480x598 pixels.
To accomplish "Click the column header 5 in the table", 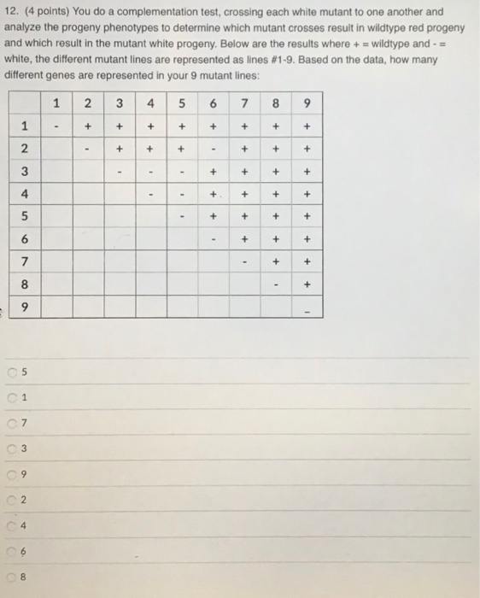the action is (x=182, y=106).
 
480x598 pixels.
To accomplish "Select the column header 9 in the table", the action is (x=307, y=106).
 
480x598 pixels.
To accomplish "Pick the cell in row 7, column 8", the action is (x=275, y=259).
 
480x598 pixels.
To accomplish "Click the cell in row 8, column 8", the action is (x=275, y=282).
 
